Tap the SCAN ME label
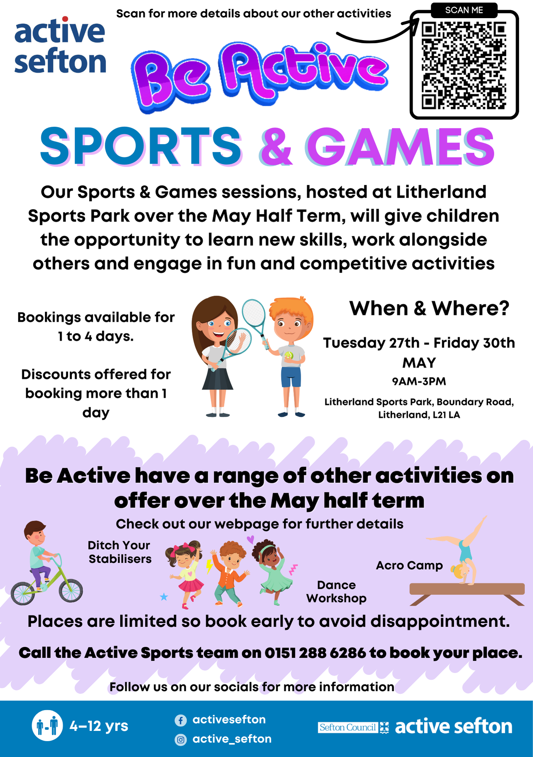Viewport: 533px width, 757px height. (464, 10)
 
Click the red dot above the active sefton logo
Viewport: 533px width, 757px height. (65, 19)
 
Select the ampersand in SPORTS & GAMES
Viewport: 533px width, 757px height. (277, 147)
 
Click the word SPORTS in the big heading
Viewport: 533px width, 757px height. (141, 147)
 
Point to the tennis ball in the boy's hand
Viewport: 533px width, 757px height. (289, 355)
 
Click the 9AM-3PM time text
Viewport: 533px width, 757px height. (419, 381)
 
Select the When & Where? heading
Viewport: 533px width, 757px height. (429, 308)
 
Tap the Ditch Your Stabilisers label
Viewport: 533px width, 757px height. (120, 552)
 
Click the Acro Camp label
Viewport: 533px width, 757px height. (409, 565)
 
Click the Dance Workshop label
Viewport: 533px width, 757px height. (336, 592)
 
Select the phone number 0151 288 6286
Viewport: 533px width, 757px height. (315, 653)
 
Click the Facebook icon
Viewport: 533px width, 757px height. (181, 720)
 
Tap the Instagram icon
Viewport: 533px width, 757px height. (181, 740)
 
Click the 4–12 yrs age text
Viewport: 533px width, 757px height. (99, 726)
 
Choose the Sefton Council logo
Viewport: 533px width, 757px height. (353, 727)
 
